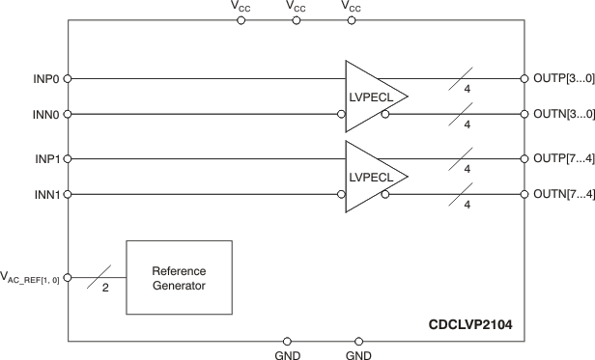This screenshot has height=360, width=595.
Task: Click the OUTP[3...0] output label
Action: (558, 78)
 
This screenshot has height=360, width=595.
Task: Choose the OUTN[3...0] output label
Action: (558, 115)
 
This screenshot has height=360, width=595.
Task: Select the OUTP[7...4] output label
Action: (558, 158)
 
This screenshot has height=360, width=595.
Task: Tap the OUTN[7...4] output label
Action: (558, 195)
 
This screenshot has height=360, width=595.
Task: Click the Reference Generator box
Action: (180, 278)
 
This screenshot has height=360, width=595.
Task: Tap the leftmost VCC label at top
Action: (241, 7)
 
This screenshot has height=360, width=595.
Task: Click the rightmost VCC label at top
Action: (353, 7)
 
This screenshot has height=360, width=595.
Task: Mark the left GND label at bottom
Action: (288, 354)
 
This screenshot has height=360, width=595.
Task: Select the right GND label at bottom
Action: (359, 354)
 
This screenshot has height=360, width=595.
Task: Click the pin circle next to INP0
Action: (68, 78)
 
